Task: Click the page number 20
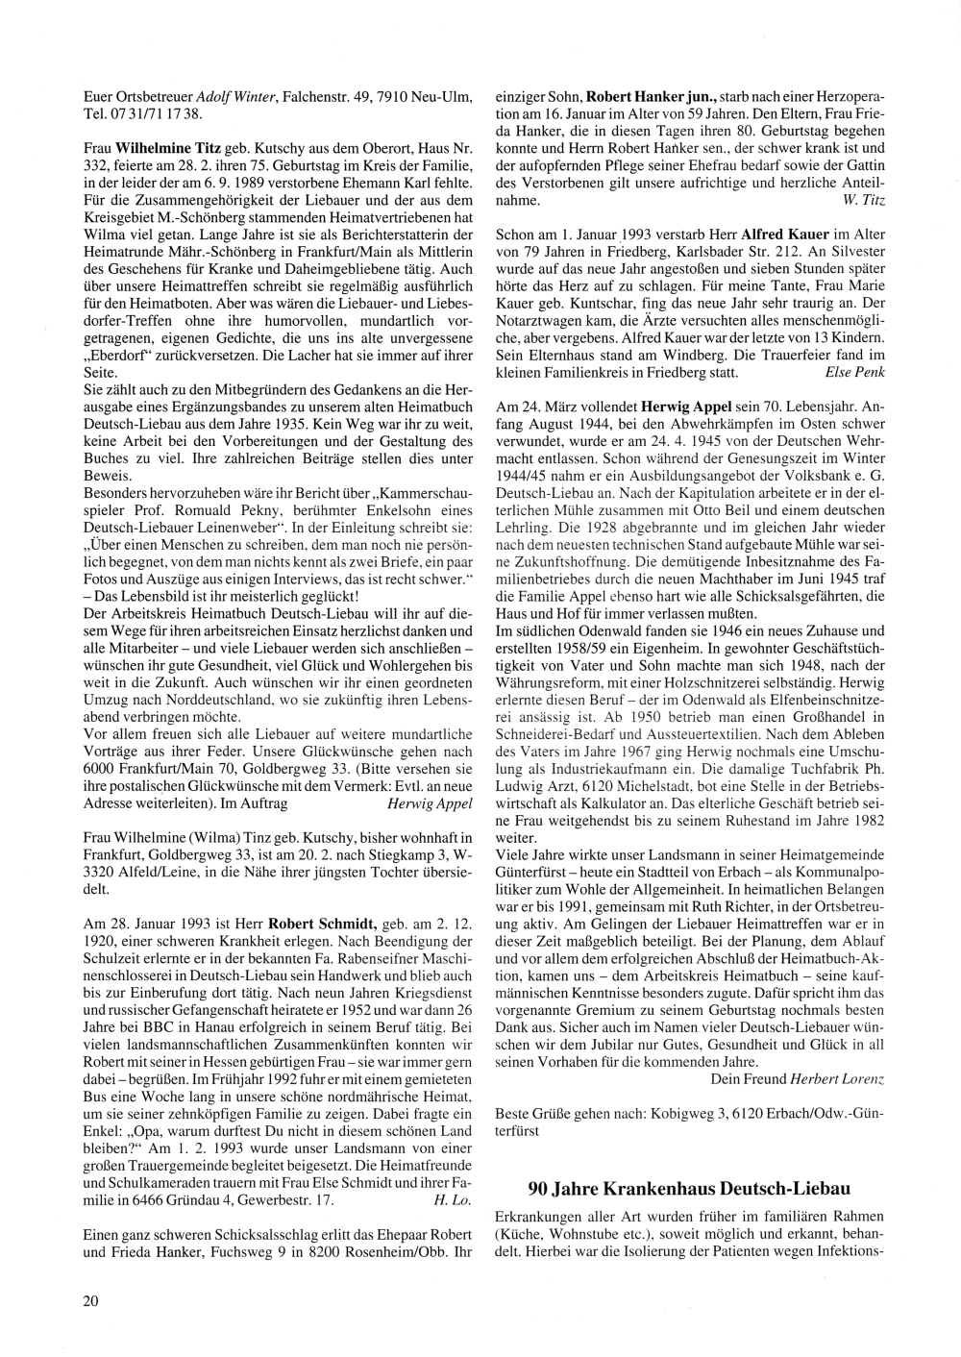click(91, 1301)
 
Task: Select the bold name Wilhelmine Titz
click(169, 151)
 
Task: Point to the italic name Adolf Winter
click(236, 97)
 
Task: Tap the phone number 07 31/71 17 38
click(154, 112)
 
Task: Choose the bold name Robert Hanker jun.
click(653, 97)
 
